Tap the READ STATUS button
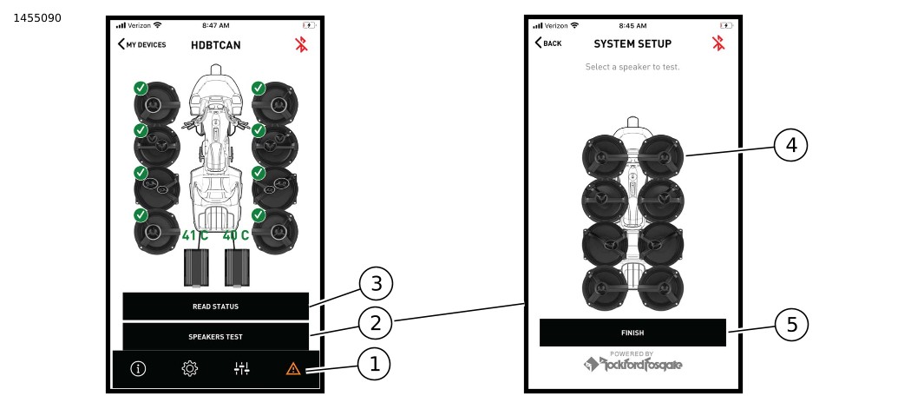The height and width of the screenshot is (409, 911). coord(215,306)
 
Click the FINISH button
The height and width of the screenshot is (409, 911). coord(632,333)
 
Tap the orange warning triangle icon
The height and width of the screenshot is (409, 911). coord(293,368)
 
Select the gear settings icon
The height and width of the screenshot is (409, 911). coord(190,368)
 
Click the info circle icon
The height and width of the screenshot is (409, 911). coord(138,368)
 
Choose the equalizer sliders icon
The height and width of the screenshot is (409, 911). coord(242,368)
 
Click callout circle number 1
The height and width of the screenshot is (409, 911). coord(374,364)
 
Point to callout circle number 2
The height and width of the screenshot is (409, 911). coord(376,323)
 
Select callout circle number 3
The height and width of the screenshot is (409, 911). coord(376,284)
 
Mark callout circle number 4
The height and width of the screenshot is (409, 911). coord(790,145)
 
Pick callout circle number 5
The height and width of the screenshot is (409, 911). coord(791,325)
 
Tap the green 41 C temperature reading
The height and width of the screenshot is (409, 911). coord(195,235)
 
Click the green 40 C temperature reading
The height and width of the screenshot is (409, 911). coord(236,235)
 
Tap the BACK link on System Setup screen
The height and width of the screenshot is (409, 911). coord(547,43)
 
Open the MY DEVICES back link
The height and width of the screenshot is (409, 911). coord(141,44)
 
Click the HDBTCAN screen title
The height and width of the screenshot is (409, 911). coord(215,45)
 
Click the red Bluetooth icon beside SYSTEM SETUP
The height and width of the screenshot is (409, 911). coord(718,43)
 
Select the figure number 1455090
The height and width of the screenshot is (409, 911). coord(37,18)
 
